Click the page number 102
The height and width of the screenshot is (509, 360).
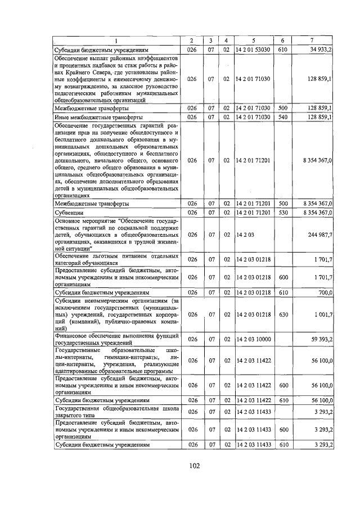[x=194, y=465]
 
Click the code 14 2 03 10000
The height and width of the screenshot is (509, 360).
[x=253, y=339]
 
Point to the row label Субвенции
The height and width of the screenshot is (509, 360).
[x=68, y=213]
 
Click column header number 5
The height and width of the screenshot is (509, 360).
[x=253, y=40]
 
